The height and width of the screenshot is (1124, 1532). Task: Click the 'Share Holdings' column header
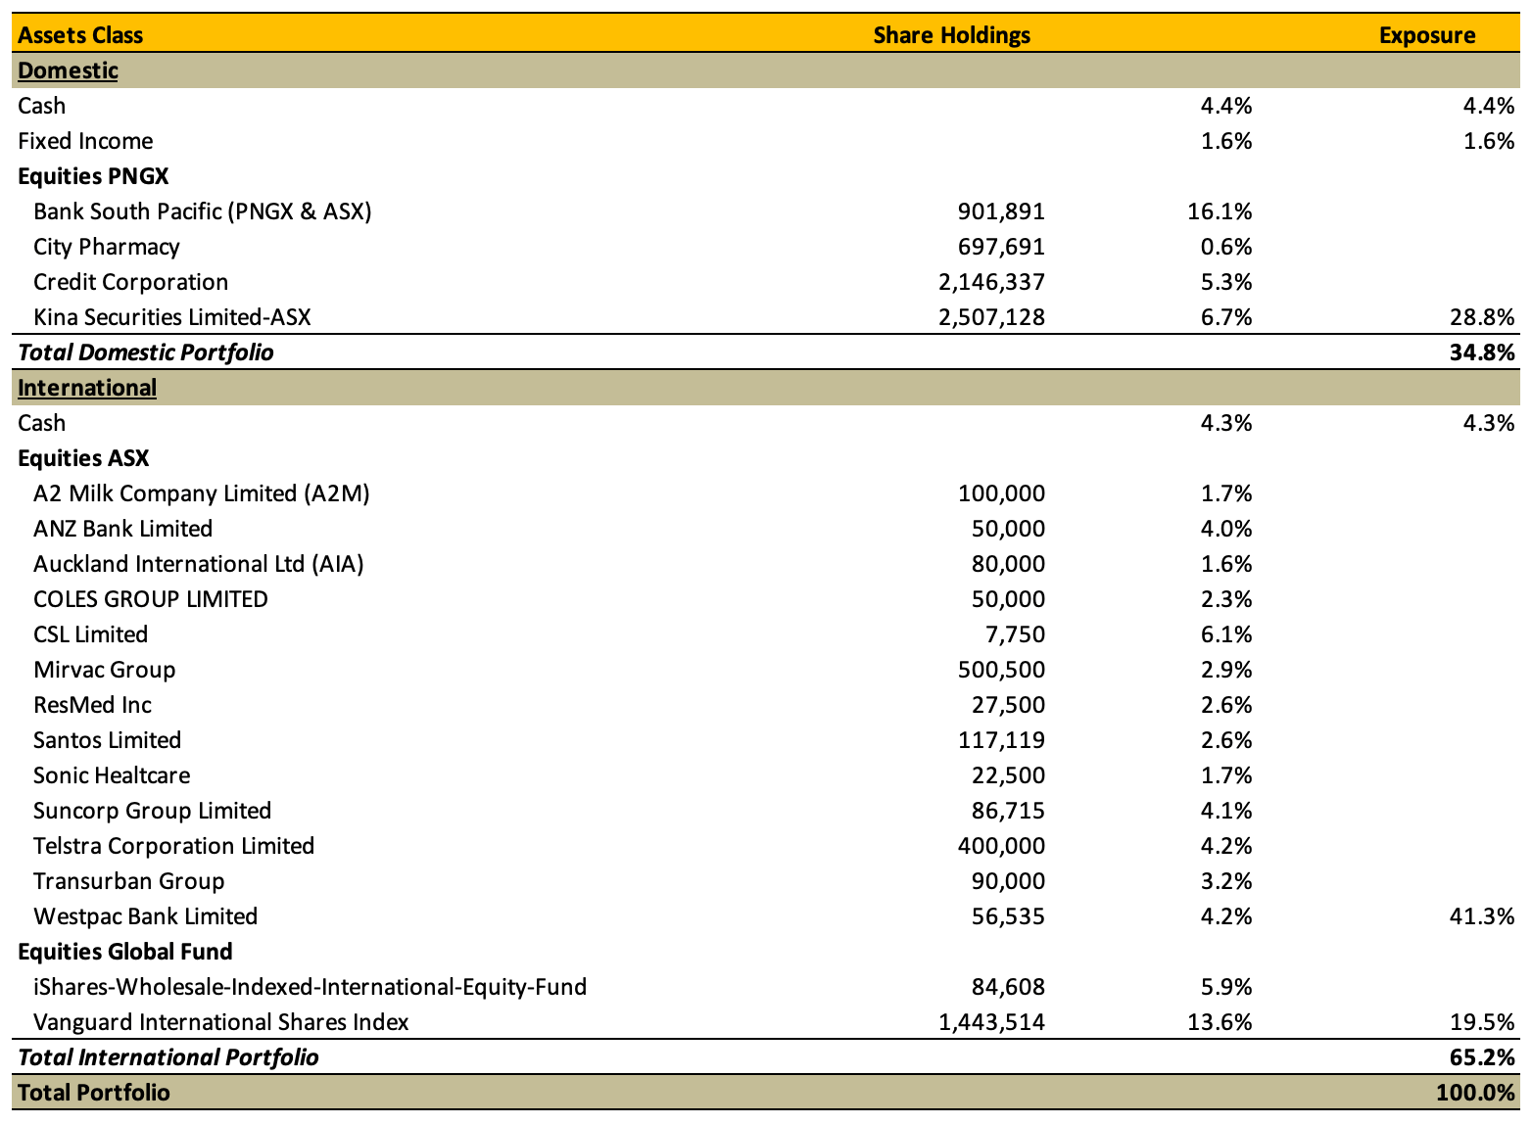[x=951, y=35]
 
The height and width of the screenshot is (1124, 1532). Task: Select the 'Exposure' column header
[x=1426, y=35]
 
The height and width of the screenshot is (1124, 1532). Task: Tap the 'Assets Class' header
[x=80, y=35]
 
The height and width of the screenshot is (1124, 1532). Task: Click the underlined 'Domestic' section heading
[x=68, y=70]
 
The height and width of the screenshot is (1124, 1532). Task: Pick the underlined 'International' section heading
[x=87, y=388]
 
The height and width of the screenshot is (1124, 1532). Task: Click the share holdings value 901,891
[x=1001, y=211]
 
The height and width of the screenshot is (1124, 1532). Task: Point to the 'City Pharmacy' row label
[x=107, y=247]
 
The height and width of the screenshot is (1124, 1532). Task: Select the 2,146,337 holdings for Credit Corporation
[x=991, y=282]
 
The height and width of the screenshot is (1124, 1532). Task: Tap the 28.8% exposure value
[x=1481, y=317]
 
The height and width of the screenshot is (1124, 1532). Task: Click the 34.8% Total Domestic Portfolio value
[x=1481, y=352]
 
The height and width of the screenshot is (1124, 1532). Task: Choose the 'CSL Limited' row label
[x=90, y=634]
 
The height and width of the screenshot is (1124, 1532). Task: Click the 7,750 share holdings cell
[x=1015, y=634]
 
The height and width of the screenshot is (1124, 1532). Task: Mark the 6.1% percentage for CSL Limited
[x=1226, y=634]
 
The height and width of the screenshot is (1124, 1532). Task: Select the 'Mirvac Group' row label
[x=105, y=670]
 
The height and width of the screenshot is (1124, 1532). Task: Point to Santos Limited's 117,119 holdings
[x=1001, y=740]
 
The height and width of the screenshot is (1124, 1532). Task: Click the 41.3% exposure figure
[x=1481, y=916]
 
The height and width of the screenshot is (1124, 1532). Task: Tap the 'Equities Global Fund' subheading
[x=125, y=952]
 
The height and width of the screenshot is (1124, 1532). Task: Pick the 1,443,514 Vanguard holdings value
[x=991, y=1022]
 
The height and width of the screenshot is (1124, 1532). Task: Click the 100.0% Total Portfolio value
[x=1475, y=1093]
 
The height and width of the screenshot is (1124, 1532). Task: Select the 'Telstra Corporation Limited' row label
[x=173, y=846]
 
